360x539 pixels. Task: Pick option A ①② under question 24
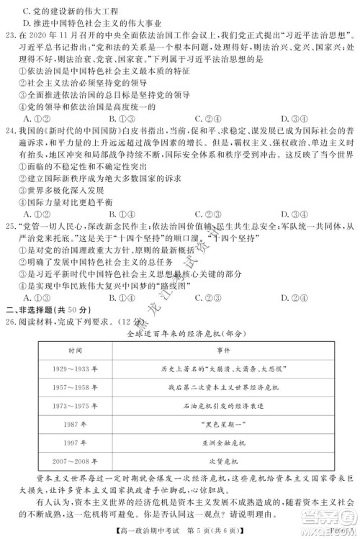(33, 212)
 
